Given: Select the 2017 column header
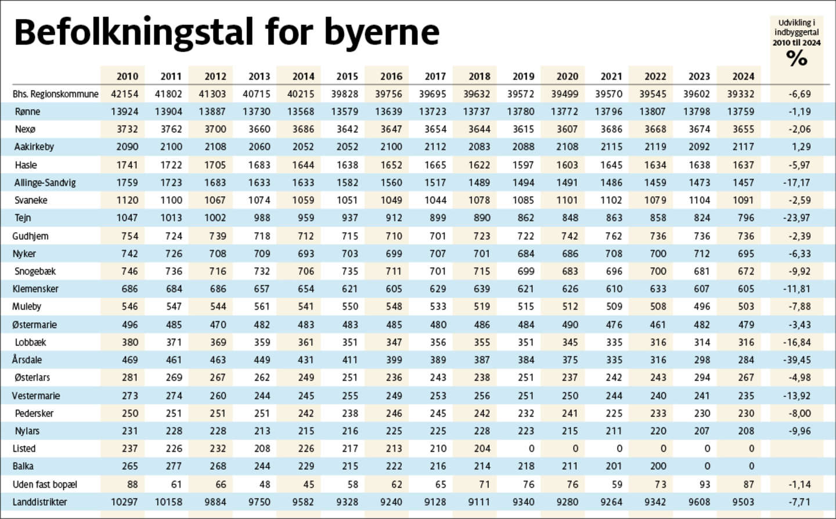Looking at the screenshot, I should [x=435, y=76].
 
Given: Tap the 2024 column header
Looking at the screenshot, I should [x=743, y=76].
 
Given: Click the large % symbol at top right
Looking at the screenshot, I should [x=797, y=58].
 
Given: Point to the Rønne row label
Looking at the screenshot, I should [x=27, y=111].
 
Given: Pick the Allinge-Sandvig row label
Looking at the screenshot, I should [x=45, y=182].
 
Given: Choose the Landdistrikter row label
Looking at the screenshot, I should [x=39, y=502].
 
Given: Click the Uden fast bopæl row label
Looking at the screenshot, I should [x=45, y=484].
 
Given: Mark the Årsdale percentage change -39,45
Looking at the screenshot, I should [x=797, y=360].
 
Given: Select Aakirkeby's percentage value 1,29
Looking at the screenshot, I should [x=801, y=147].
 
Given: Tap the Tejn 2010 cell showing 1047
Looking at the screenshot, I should [x=127, y=218].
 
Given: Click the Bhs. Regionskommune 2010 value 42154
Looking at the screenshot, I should [x=124, y=93].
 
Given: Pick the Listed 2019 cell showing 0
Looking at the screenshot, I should [x=531, y=448].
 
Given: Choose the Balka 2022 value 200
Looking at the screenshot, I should [x=658, y=466].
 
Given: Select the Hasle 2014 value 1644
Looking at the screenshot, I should [x=303, y=165].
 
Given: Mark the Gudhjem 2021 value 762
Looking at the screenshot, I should [x=614, y=236].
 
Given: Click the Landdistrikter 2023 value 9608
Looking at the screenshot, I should [x=699, y=502].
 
